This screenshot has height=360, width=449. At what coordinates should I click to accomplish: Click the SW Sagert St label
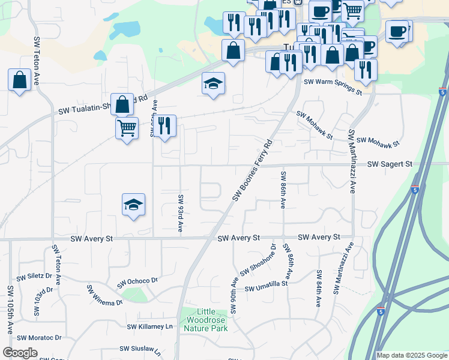point(390,164)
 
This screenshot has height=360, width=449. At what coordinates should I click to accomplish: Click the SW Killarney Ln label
point(149,326)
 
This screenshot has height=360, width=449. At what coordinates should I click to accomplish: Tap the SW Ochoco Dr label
point(137,281)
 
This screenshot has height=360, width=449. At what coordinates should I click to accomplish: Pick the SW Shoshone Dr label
point(258,261)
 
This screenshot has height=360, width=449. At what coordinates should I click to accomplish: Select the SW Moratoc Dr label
point(39,337)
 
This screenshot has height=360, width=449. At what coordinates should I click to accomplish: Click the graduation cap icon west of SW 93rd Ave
point(133,205)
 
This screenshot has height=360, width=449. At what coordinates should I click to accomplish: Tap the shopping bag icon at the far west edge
point(19,80)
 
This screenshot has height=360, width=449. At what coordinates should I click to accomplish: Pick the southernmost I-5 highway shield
point(381,311)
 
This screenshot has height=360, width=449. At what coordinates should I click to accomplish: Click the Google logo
point(20,353)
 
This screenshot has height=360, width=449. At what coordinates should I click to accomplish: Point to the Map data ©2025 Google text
point(411,355)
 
